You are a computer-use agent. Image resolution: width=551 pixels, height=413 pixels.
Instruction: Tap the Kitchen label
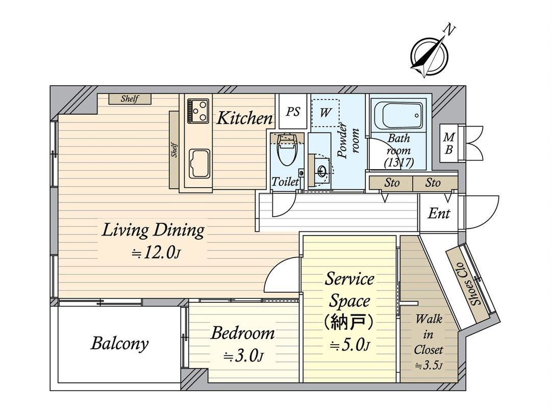point(244,118)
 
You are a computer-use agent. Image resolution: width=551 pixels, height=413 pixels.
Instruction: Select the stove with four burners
point(198,111)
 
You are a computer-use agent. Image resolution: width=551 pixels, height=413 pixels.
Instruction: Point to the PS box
point(292,112)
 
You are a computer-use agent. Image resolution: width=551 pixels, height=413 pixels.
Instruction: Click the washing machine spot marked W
point(324,113)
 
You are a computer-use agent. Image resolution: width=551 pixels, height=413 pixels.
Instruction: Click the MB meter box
point(449,143)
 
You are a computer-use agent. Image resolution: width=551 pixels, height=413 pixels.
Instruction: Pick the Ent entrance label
point(439,213)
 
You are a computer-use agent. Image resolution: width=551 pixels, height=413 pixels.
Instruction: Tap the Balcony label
point(119,343)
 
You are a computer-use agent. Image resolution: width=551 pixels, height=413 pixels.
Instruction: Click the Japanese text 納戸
point(349,323)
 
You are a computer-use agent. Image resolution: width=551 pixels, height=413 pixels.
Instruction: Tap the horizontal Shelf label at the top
point(130,99)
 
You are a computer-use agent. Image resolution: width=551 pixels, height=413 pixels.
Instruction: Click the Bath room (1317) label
point(399,150)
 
